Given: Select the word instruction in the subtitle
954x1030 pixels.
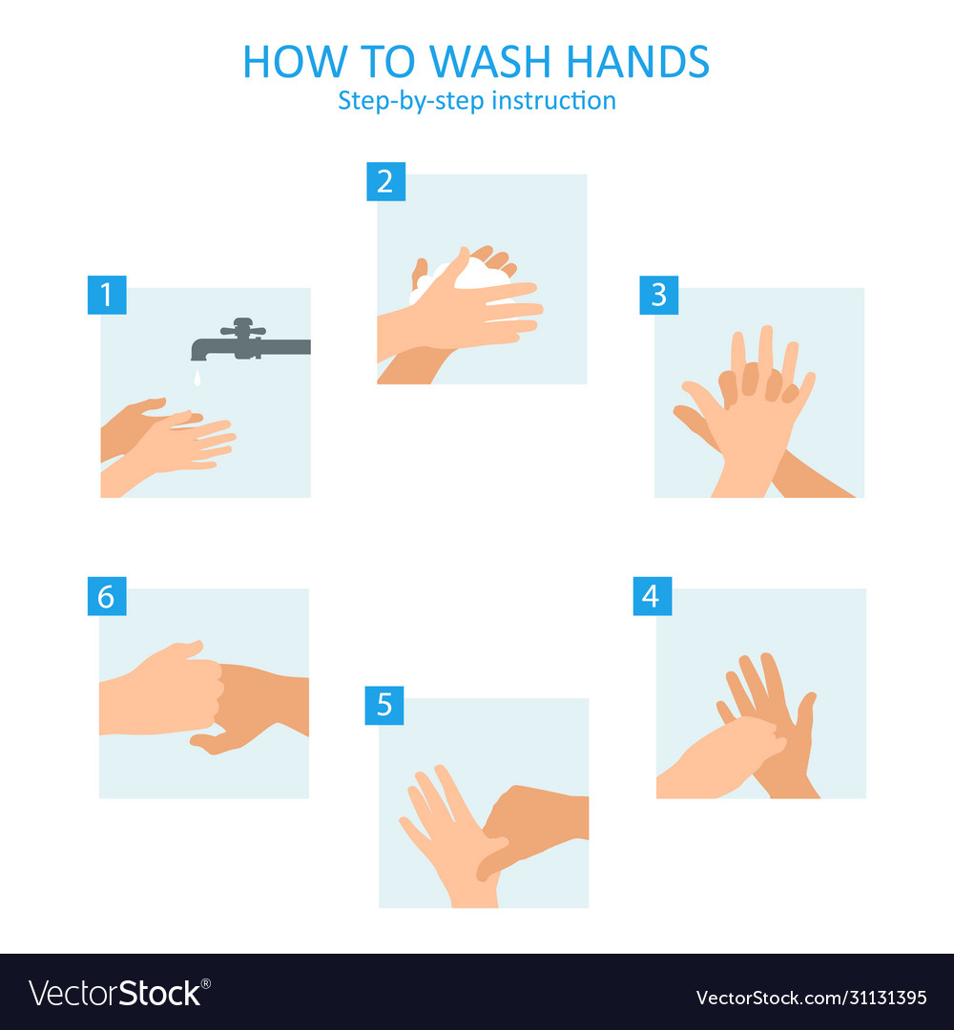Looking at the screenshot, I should pyautogui.click(x=553, y=100).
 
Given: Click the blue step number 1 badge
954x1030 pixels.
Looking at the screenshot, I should pyautogui.click(x=106, y=296).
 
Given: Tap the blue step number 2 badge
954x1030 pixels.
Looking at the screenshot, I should pyautogui.click(x=385, y=182).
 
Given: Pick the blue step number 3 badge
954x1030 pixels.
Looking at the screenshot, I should pyautogui.click(x=658, y=296).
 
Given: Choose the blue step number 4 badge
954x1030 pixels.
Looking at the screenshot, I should pyautogui.click(x=652, y=597).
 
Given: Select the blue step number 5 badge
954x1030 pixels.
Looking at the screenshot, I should pyautogui.click(x=384, y=706).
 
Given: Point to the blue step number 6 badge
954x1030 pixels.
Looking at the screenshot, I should pyautogui.click(x=106, y=597).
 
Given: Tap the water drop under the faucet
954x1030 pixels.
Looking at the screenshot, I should pyautogui.click(x=197, y=380).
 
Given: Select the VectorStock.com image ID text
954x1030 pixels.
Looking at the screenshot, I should pyautogui.click(x=811, y=998).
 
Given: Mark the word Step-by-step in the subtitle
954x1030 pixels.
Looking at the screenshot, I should pyautogui.click(x=411, y=100).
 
